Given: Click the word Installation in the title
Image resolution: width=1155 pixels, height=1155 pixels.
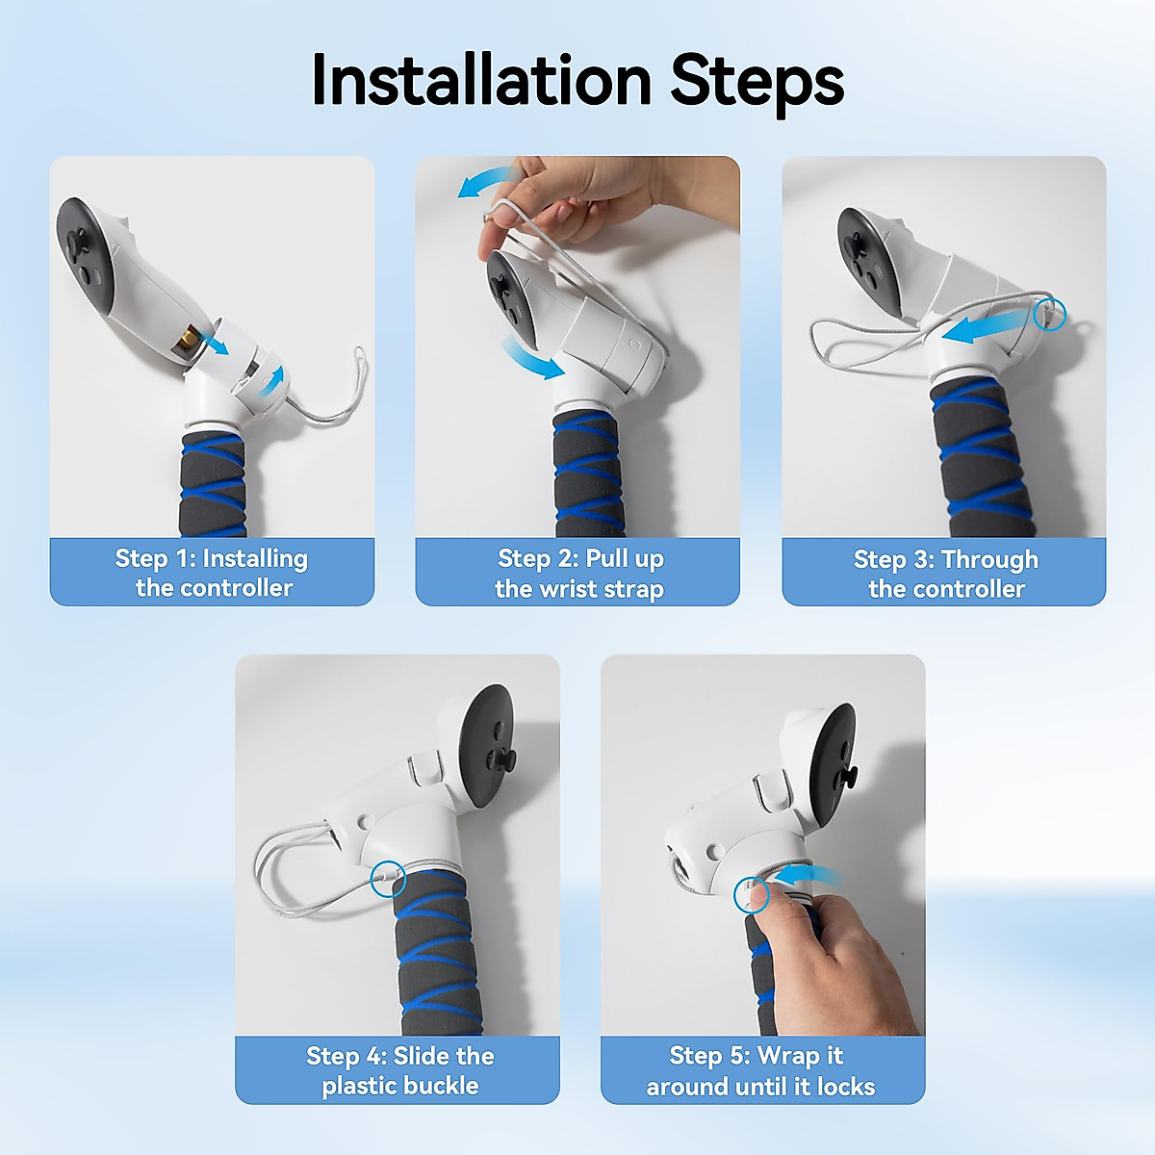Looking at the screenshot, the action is pos(481,80).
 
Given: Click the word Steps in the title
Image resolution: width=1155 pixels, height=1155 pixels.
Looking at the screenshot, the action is pos(757,84).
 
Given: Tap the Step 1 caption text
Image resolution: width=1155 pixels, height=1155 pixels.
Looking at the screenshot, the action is pos(212,573).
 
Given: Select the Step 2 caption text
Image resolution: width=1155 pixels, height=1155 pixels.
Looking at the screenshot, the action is pos(579,574).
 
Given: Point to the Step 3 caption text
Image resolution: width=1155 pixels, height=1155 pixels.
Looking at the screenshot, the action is pos(946,575).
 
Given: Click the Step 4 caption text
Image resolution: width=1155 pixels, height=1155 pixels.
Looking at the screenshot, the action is pos(399,1071).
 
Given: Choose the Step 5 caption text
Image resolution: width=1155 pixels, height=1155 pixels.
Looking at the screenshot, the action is pos(760,1071).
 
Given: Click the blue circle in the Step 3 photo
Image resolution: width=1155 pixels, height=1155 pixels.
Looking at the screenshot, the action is pos(1050,314).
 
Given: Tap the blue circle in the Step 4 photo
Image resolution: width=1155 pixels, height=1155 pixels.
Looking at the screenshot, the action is pos(388,880).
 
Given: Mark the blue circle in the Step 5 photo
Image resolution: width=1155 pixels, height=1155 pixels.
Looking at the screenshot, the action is pos(752,894).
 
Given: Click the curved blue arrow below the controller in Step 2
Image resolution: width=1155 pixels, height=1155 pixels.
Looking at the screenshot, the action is pos(531,357).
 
